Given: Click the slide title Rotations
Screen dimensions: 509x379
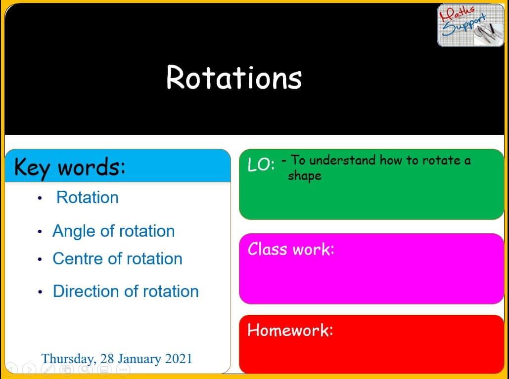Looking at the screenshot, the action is [234, 77].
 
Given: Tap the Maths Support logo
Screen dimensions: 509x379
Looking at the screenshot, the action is [471, 25].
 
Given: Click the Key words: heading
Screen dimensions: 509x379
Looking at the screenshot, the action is [69, 168].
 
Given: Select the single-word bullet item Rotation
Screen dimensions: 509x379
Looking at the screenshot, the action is [88, 198].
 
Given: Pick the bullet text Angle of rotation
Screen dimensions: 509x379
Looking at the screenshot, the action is [114, 231].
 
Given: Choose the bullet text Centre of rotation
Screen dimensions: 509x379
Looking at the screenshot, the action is [118, 259].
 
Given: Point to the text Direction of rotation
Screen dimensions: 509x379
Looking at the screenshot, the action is [126, 291].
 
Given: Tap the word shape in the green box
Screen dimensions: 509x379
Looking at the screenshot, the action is [305, 176].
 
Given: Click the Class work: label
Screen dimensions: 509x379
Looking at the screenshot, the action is [291, 250].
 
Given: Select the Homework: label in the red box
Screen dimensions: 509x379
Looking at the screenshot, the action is [290, 330].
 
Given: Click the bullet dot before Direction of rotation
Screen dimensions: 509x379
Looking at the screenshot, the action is [40, 292].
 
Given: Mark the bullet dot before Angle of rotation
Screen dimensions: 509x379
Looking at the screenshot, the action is [40, 232].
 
